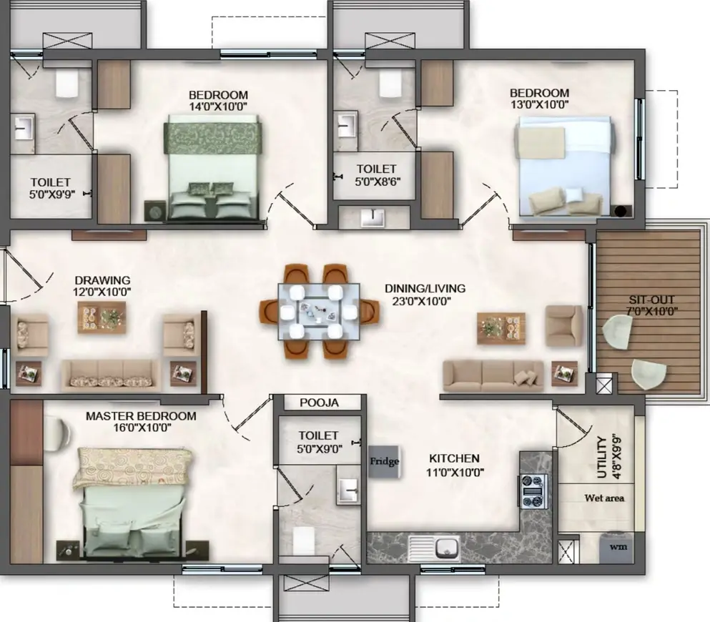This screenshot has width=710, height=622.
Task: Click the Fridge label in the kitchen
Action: point(385,461)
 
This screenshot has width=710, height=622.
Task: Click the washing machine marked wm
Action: point(618,548)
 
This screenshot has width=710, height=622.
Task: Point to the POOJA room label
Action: point(319,403)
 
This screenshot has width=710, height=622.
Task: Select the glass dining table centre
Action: point(319,312)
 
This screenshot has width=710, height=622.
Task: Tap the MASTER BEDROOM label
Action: point(141,416)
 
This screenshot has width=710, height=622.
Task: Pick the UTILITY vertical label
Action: point(602,458)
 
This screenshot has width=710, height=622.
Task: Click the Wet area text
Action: point(604,498)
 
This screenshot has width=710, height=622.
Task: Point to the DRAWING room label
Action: point(102,281)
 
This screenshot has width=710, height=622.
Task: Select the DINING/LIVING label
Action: point(425,288)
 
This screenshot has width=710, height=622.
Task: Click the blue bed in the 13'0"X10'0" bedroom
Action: point(565,166)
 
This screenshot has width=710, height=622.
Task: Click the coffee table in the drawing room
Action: point(102,317)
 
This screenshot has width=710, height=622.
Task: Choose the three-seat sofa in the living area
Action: point(493,376)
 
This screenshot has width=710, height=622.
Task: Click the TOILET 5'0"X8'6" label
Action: point(376,175)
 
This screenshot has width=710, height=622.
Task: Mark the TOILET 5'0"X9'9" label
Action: point(50,188)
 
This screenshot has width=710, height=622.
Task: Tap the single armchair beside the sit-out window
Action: point(563,326)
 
